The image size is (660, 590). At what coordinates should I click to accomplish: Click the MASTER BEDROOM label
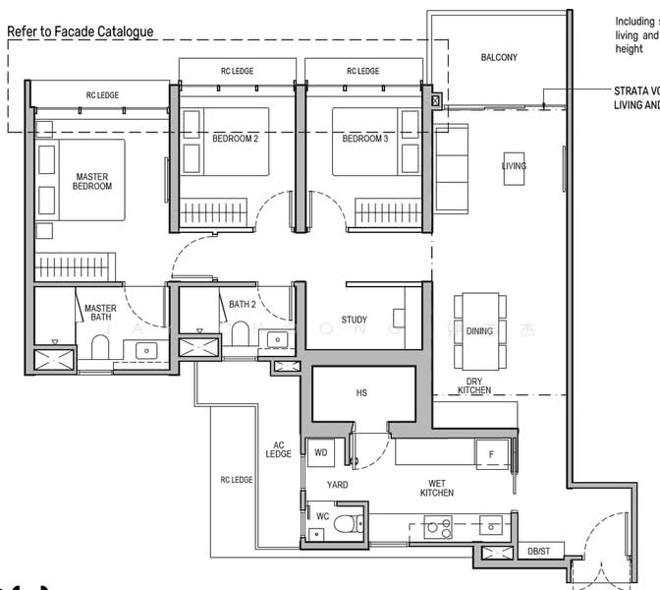[91, 182]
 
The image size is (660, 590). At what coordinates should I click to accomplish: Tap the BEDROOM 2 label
[235, 139]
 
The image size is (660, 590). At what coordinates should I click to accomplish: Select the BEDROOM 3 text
[364, 139]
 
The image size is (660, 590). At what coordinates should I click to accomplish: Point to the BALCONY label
[499, 58]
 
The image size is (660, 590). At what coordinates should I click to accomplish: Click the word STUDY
[355, 320]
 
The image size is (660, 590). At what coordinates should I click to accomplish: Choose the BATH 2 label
[243, 305]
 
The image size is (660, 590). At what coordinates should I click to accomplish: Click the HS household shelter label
[361, 393]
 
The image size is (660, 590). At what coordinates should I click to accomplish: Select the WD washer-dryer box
[320, 453]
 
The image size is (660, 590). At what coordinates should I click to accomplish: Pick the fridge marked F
[491, 454]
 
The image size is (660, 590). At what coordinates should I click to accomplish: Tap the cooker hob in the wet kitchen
[438, 527]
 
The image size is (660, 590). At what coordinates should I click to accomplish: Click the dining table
[479, 331]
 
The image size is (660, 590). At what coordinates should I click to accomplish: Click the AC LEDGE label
[279, 448]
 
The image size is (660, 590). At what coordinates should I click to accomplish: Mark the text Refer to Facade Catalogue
[81, 31]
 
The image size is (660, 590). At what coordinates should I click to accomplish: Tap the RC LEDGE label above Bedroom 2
[237, 71]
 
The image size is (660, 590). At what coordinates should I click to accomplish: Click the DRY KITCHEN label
[474, 385]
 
